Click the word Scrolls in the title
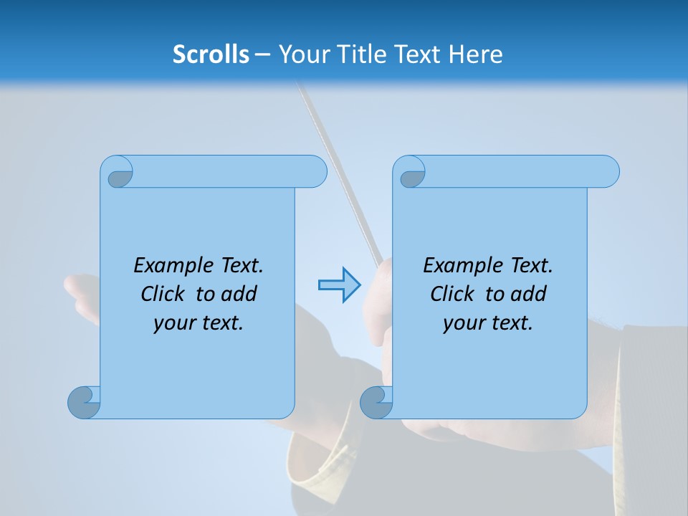(x=211, y=54)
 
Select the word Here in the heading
(x=476, y=54)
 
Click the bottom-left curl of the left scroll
(x=85, y=402)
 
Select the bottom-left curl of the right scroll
(x=376, y=402)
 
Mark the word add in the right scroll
(x=529, y=294)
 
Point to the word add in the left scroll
(x=239, y=294)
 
